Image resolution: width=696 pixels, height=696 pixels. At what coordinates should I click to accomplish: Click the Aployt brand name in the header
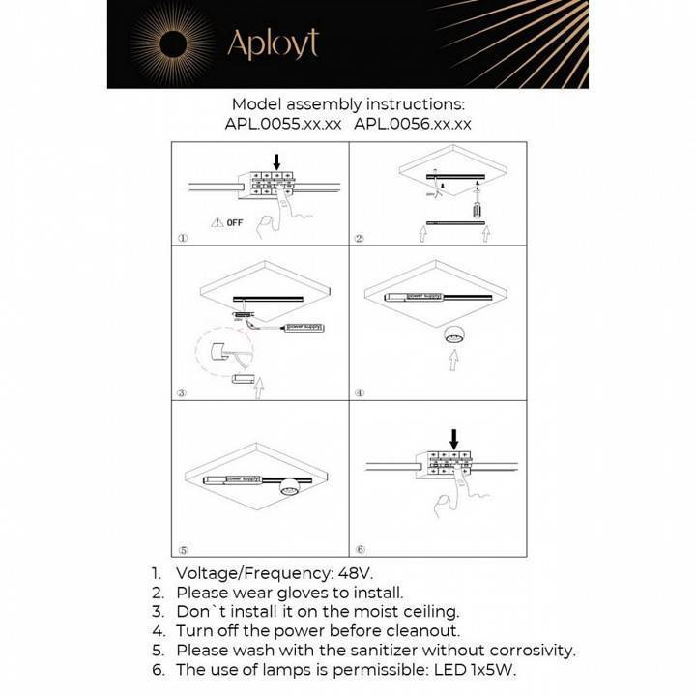272,43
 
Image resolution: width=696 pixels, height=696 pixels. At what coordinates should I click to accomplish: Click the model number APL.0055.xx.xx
283,124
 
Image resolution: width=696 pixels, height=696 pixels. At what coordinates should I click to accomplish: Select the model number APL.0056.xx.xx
413,124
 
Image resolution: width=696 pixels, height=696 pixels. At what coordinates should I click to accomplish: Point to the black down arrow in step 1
276,161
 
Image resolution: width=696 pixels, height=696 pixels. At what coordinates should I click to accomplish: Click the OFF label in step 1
233,223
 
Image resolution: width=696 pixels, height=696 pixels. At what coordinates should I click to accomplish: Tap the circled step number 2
359,239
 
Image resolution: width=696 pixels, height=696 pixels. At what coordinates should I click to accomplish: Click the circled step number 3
182,393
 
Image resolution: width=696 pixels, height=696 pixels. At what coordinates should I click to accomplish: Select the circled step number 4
359,393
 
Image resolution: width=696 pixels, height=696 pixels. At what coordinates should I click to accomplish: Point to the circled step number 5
182,549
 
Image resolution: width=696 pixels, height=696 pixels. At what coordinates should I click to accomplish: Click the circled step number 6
359,549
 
